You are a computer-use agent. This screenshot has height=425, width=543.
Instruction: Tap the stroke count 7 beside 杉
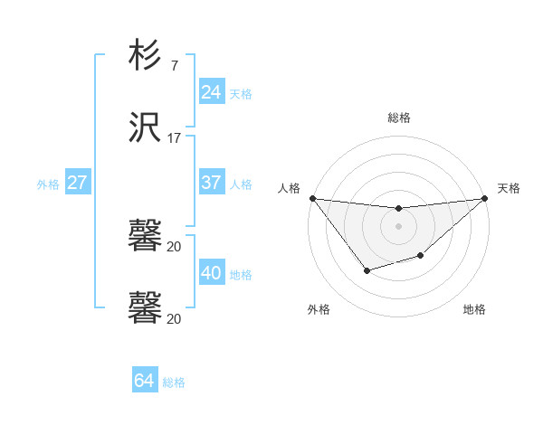pos(174,65)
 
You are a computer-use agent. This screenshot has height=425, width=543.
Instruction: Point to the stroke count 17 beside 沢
pos(174,138)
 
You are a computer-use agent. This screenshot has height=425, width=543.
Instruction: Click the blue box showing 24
pos(211,92)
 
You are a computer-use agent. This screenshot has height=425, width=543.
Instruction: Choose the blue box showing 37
pos(211,183)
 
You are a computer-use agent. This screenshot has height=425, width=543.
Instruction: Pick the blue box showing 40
pos(211,273)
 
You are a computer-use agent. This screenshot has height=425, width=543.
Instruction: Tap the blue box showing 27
pos(77,183)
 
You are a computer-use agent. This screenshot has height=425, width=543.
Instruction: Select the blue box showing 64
pos(144,381)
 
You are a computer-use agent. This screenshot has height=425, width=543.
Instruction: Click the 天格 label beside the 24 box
pos(241,93)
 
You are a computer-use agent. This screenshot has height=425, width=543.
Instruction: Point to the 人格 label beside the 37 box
pos(241,184)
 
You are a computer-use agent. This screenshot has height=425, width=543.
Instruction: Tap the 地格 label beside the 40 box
pos(241,274)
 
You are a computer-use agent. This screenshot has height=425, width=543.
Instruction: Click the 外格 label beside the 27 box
pos(48,184)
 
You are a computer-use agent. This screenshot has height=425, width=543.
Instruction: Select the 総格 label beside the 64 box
pos(174,382)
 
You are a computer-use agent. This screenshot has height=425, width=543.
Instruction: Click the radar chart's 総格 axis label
pos(399,118)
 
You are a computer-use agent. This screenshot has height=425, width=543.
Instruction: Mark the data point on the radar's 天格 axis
pos(486,198)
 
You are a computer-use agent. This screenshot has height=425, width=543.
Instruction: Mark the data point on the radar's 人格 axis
pos(312,198)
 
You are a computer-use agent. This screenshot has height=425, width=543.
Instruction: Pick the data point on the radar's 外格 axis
pos(367,270)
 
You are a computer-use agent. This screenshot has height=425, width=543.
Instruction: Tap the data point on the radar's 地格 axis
pos(421,257)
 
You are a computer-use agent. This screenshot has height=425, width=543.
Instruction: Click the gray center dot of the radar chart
pos(399,226)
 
